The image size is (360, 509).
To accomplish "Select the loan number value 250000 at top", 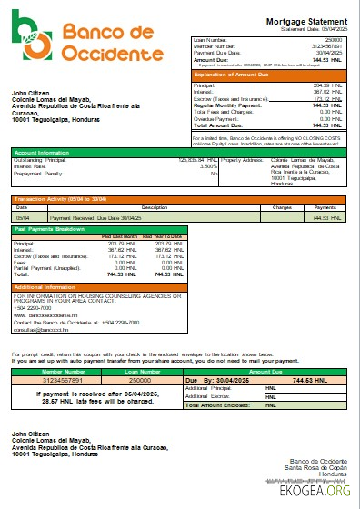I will [x=333, y=40].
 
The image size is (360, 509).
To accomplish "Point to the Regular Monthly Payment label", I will [x=226, y=105].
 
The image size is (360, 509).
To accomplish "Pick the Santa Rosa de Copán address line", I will [x=317, y=470].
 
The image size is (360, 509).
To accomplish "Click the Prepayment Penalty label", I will [x=39, y=173].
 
